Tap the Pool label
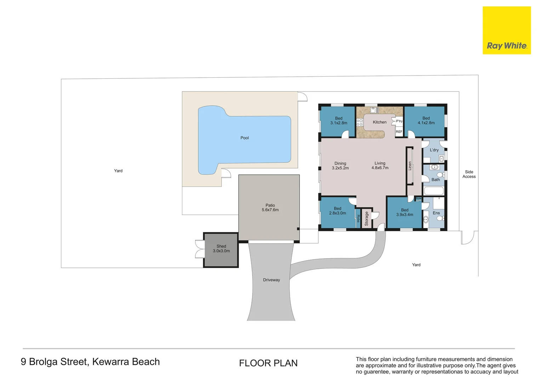pos(244,138)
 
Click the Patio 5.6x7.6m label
pos(270,208)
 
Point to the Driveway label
pos(271,280)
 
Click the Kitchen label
pos(380,122)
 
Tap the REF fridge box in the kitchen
pos(399,132)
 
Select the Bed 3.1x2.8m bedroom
pos(338,121)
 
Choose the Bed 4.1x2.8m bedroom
pos(426,121)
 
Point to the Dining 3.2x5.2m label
pos(340,166)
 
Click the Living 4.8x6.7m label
pos(380,166)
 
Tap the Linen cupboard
pos(410,166)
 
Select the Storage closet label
pos(366,219)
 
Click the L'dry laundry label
pos(434,150)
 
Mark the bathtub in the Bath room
pos(434,191)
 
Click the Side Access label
pos(469,174)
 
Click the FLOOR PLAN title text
pos(268,363)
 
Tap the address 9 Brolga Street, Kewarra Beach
pos(90,362)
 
